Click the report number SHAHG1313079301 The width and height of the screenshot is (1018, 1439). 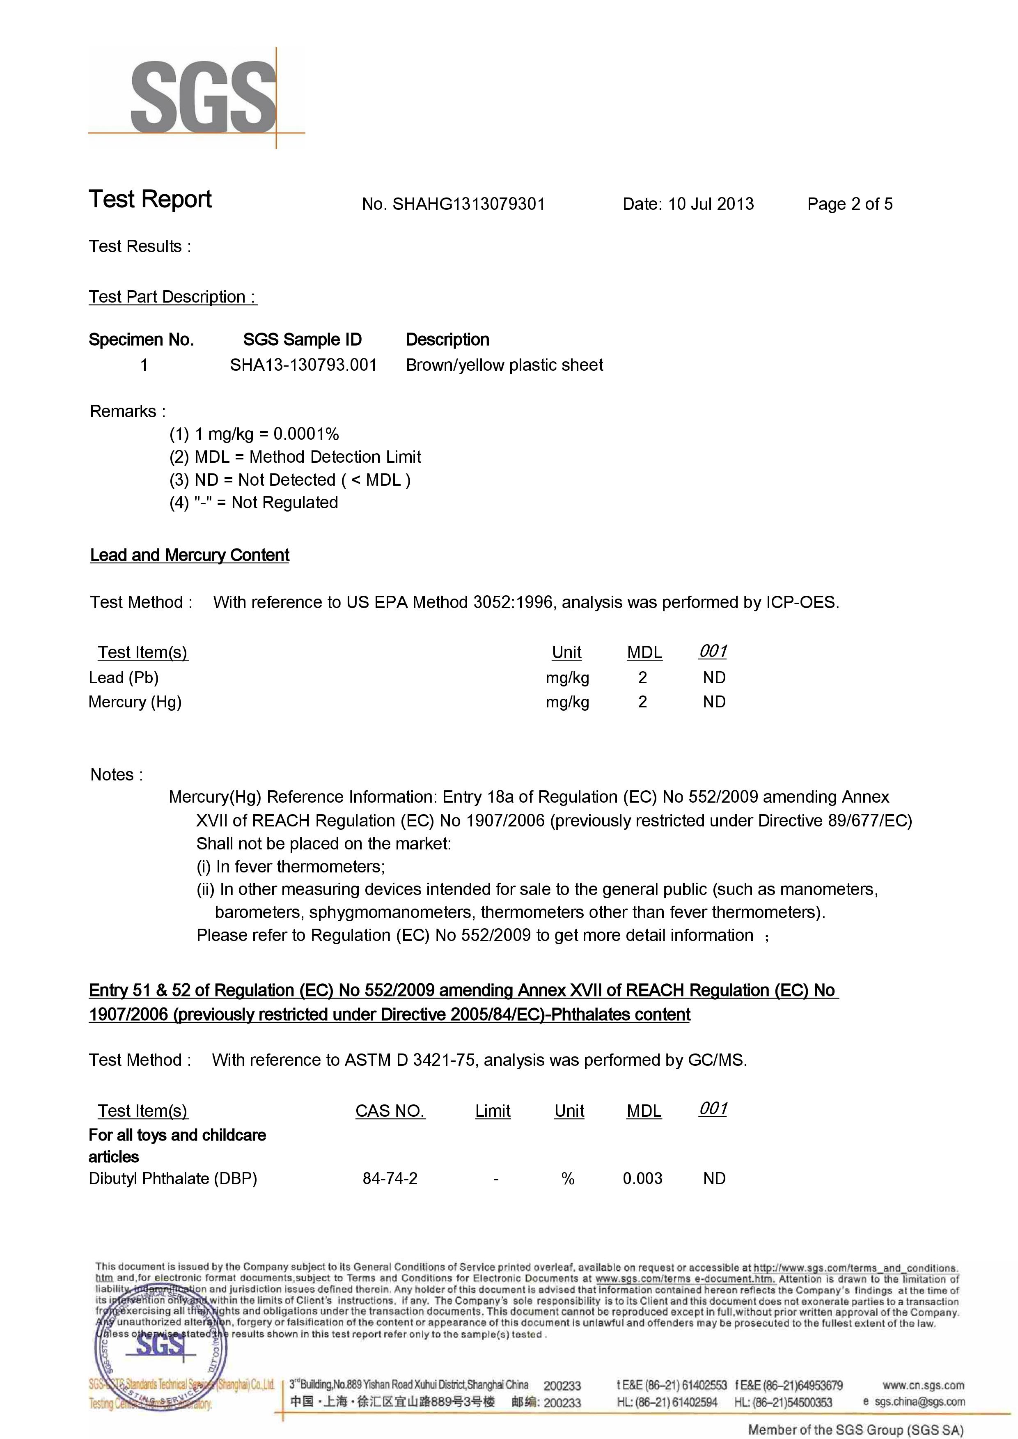tap(468, 204)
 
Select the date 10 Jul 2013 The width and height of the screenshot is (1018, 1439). tap(711, 204)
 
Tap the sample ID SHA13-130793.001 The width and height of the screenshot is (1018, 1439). tap(303, 365)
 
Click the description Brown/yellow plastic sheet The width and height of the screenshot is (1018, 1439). tap(504, 365)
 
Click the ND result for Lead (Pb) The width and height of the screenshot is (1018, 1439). tap(714, 678)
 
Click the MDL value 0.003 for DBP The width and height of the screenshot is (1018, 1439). tap(642, 1178)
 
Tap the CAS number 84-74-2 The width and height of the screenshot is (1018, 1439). tap(390, 1178)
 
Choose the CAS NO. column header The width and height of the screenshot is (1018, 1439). tap(390, 1111)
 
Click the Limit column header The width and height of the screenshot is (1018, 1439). tap(493, 1111)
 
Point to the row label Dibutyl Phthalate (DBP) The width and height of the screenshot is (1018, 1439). tap(173, 1178)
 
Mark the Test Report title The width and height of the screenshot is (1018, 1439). tap(151, 200)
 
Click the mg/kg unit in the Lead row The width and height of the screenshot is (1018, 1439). tap(567, 678)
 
